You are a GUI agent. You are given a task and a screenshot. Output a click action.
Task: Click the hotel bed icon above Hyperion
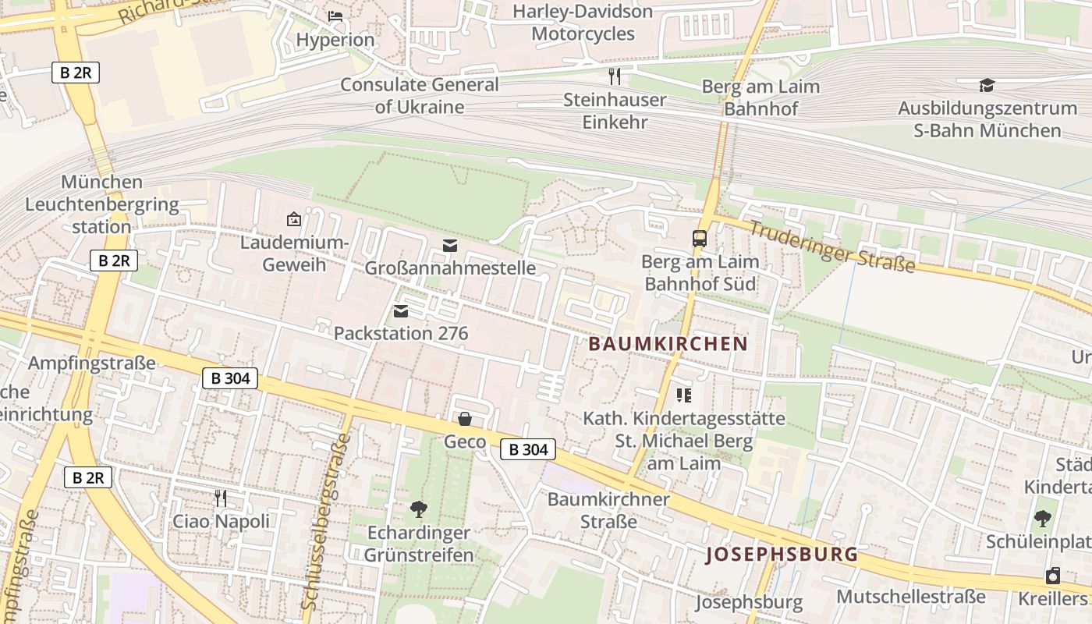pos(335,16)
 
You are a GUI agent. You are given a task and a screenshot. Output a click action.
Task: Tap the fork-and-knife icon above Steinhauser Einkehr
pos(615,76)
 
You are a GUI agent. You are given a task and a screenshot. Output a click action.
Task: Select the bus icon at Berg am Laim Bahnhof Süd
pos(700,239)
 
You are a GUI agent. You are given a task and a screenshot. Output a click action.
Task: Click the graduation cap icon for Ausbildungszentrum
pos(987,85)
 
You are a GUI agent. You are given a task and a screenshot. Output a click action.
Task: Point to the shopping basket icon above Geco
pos(465,420)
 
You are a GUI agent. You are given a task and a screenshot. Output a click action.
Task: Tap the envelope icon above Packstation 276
pos(401,312)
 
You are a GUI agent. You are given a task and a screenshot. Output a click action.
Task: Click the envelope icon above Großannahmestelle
pos(450,246)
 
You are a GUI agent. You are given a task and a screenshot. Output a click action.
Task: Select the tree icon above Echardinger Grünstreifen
pos(419,509)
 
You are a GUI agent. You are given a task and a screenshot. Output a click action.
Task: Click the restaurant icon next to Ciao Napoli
pos(221,498)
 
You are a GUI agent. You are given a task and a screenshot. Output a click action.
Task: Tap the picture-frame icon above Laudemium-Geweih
pos(294,219)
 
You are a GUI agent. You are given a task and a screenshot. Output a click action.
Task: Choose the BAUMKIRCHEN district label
pos(668,344)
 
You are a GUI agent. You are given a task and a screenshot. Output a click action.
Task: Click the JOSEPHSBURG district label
pos(782,555)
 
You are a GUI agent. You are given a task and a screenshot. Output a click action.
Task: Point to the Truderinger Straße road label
pos(832,247)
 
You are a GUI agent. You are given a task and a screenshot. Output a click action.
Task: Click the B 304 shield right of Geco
pos(528,449)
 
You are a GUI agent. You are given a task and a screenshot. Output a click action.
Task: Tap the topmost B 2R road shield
pos(76,73)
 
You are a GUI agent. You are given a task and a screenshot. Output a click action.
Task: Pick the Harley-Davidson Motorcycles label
pos(583,23)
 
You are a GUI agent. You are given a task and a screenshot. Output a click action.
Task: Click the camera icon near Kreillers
pos(1053,576)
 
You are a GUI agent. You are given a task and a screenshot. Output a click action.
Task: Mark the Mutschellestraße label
pos(911,597)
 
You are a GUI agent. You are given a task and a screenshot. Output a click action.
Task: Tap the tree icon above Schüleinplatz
pos(1042,518)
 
